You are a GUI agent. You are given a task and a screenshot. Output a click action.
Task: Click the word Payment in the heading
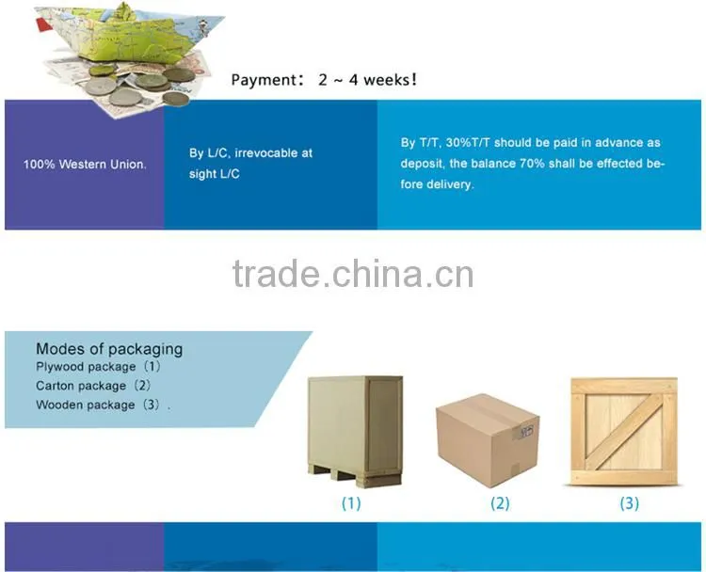point(264,80)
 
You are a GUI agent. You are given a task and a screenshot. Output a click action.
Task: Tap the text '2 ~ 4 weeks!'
point(367,80)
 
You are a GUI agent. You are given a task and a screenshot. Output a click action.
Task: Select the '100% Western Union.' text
point(85,165)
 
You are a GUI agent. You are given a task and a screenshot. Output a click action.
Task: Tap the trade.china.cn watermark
point(353,274)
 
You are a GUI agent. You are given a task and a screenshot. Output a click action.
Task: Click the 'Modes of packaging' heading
point(109,349)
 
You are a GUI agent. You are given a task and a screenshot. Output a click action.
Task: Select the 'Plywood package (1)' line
point(98,367)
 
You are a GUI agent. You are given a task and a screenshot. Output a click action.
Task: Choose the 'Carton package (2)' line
point(93,386)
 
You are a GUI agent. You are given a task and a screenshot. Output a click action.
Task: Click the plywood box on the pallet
point(355,431)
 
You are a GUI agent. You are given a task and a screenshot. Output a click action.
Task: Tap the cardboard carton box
point(488,440)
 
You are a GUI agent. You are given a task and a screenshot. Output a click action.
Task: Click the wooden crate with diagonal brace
point(624,431)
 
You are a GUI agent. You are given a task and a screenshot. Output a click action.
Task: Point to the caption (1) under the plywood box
point(351,503)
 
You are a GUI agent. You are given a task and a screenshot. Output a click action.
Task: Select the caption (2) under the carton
point(500,503)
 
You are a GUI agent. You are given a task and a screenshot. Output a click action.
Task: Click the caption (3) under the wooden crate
point(629,503)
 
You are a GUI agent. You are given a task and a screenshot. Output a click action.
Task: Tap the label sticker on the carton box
point(523,432)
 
